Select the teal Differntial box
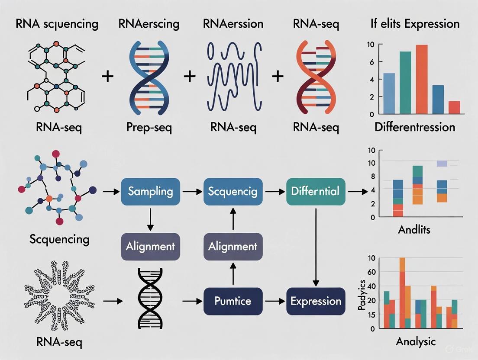point(316,191)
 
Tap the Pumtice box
point(233,301)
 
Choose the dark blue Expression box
point(316,301)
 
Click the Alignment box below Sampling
point(150,246)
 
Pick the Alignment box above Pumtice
point(233,246)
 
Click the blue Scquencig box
point(233,191)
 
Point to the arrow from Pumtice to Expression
point(274,301)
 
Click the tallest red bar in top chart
point(421,80)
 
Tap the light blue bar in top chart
point(389,93)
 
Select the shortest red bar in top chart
point(454,107)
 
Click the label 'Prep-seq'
point(150,127)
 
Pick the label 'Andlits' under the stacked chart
point(414,229)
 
